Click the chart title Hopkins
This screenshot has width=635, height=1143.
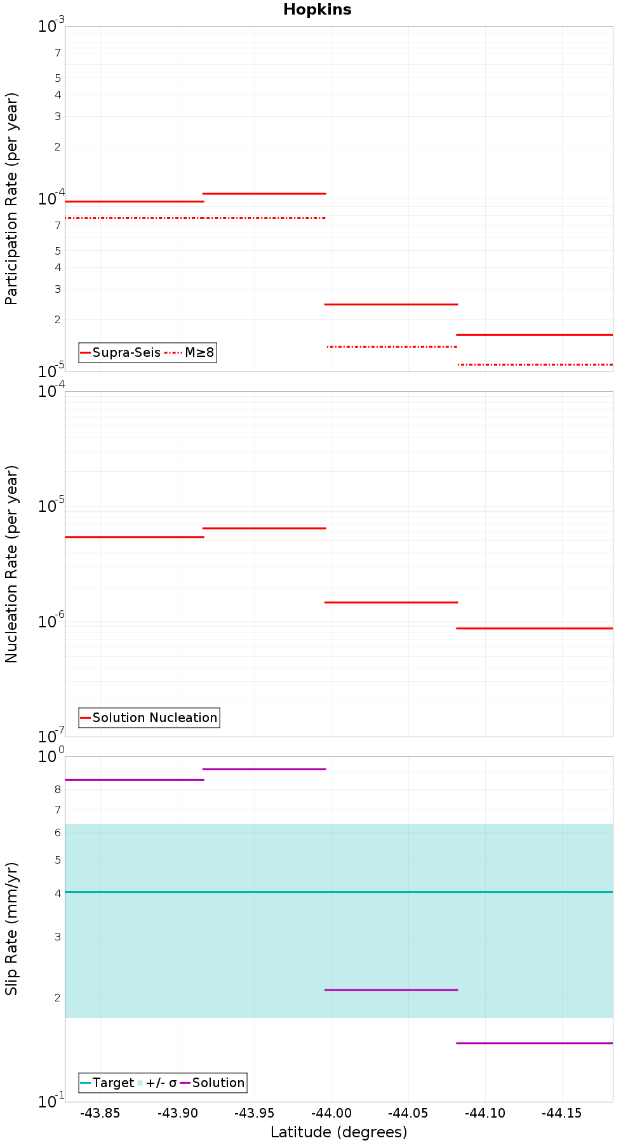[317, 10]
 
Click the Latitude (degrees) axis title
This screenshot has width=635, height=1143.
[338, 1132]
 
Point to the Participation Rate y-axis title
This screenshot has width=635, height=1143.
[11, 199]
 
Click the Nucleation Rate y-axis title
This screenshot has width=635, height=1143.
[11, 564]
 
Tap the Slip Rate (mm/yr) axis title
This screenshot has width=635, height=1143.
[11, 928]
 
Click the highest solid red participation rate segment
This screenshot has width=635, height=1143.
[264, 193]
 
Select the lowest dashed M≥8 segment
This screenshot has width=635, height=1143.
[535, 364]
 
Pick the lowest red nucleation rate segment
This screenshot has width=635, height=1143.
[535, 628]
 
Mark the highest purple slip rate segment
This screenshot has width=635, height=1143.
[264, 769]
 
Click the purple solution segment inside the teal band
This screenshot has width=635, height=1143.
[391, 990]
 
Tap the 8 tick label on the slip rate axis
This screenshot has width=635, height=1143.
[58, 789]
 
